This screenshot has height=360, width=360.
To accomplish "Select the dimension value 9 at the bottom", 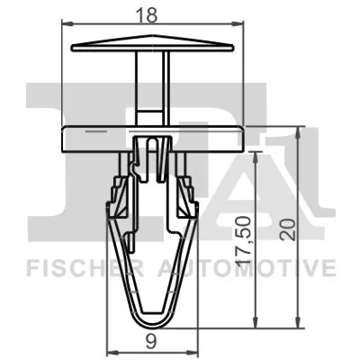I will click(153, 340).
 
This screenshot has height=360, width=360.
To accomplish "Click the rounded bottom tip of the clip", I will click(152, 318).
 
